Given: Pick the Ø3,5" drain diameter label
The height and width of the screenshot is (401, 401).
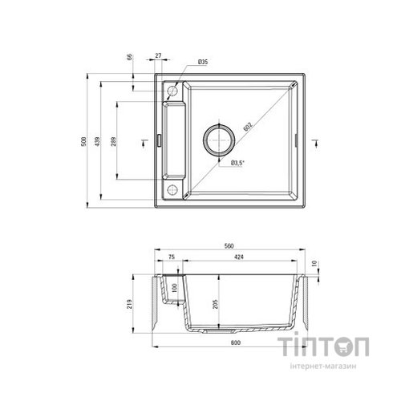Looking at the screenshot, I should [x=238, y=164].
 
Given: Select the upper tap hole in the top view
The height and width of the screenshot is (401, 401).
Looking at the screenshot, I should [x=170, y=92].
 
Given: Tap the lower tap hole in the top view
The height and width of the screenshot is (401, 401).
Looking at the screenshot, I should [x=170, y=190].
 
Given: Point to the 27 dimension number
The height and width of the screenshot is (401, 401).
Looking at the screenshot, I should [x=159, y=56].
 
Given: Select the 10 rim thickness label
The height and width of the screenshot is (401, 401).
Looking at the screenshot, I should [x=317, y=263].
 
